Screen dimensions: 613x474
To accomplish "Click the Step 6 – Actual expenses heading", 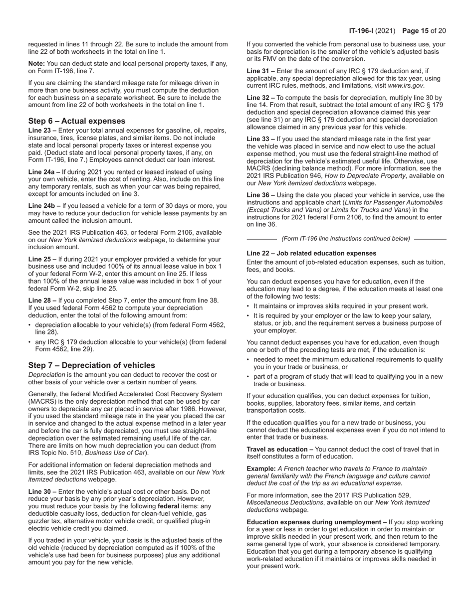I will [x=77, y=121].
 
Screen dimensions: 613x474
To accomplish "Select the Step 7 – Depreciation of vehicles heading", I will [x=91, y=365].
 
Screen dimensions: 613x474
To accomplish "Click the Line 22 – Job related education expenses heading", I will [x=311, y=253].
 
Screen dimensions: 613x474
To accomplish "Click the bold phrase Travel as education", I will [x=279, y=450].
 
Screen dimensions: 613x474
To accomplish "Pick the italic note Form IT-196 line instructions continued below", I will [x=346, y=239].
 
